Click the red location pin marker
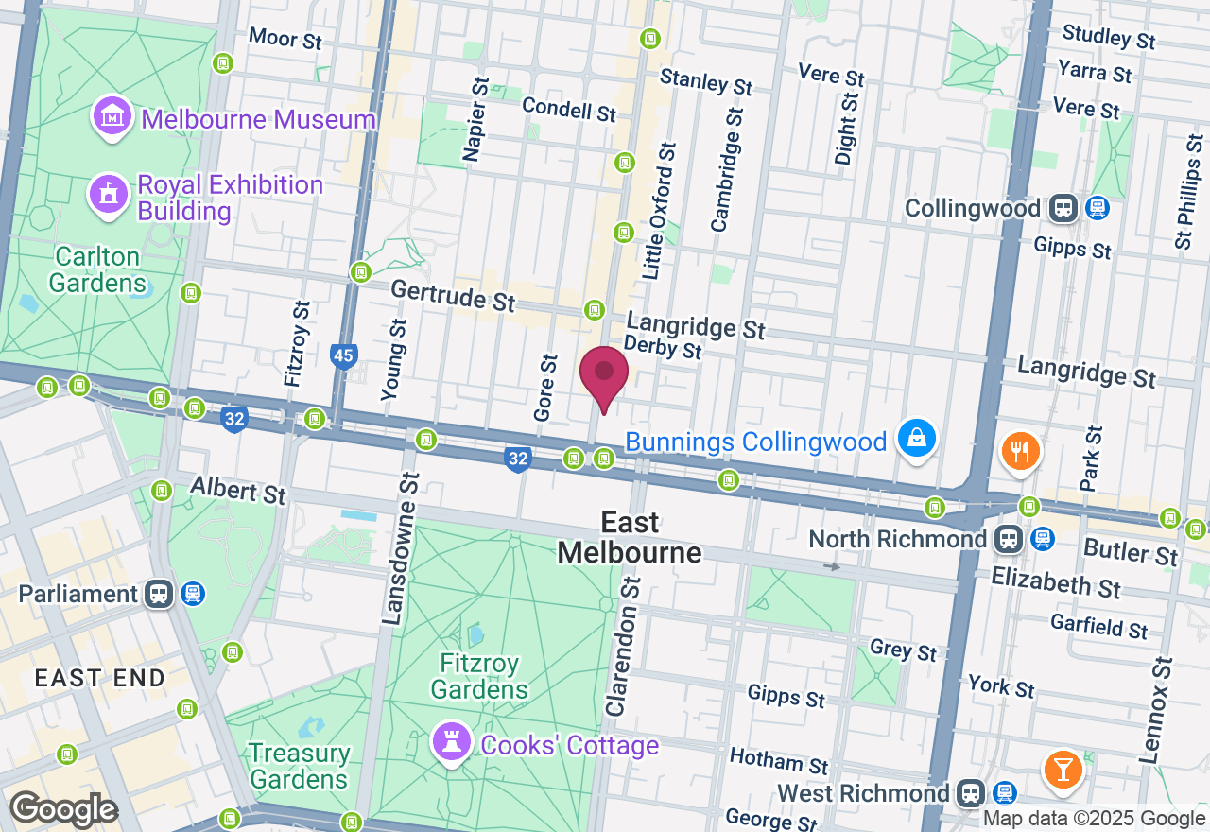point(604,376)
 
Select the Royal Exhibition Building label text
point(231,198)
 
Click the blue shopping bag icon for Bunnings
point(916,439)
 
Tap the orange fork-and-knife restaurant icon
point(1020,451)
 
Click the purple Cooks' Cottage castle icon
point(450,742)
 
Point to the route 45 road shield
point(344,356)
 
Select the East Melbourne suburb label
point(630,537)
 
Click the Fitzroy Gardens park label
point(479,677)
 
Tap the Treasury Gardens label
point(299,766)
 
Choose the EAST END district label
point(100,678)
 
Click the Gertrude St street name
point(453,296)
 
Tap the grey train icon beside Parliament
point(159,594)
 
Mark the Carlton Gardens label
point(97,269)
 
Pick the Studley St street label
point(1109,38)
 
